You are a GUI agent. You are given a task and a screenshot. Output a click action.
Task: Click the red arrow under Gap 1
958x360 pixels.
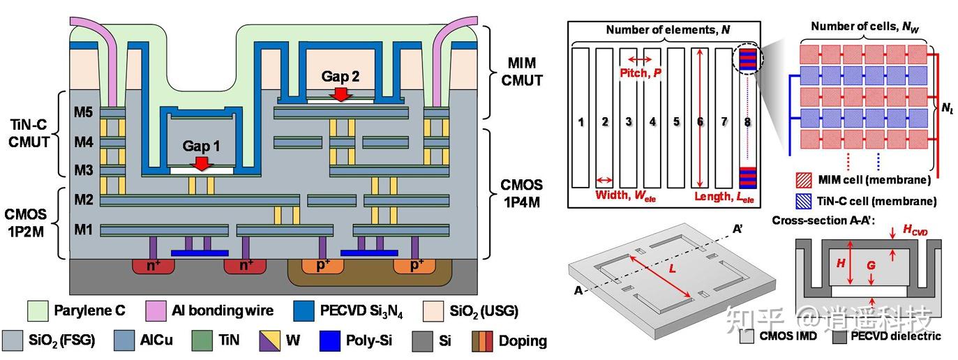pos(202,163)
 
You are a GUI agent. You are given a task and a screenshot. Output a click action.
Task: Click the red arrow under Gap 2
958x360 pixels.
pos(340,93)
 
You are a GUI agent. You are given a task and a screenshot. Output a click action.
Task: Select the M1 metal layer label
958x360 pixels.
pos(84,229)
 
